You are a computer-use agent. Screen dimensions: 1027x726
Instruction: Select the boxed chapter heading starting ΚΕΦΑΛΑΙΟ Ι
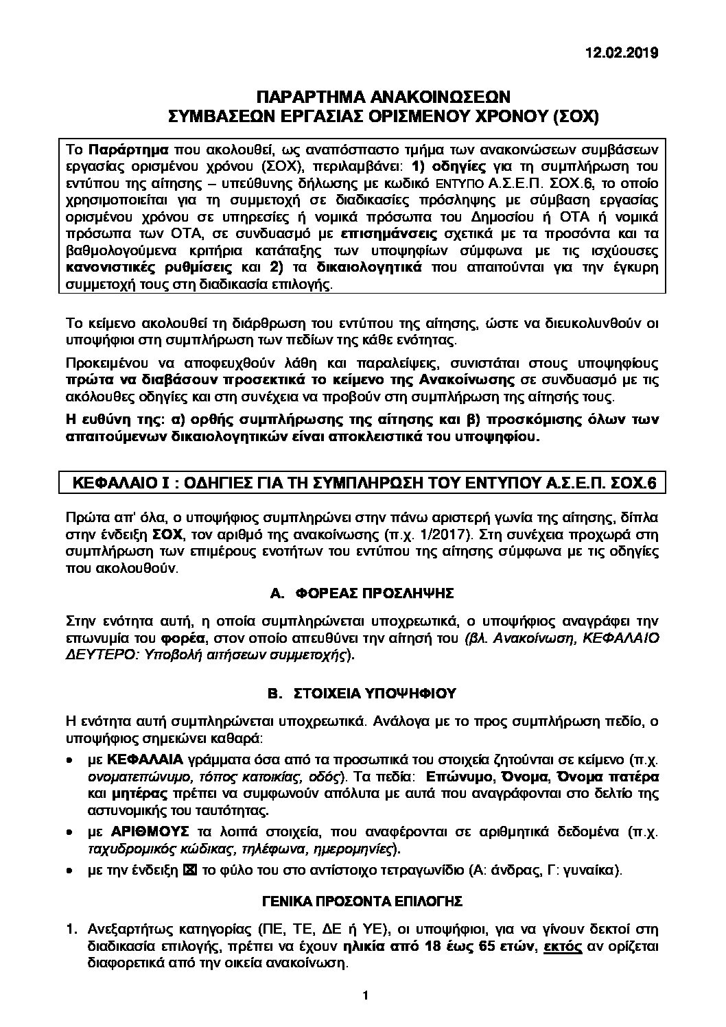[x=364, y=483]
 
